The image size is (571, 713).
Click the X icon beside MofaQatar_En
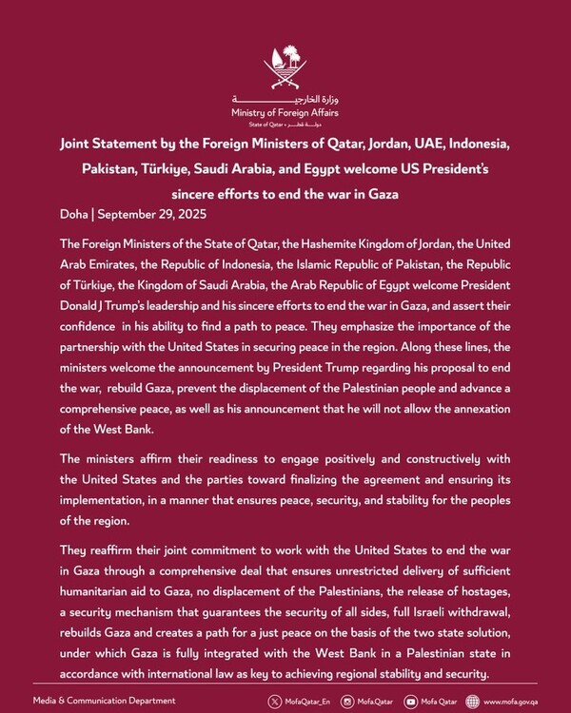(x=274, y=702)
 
